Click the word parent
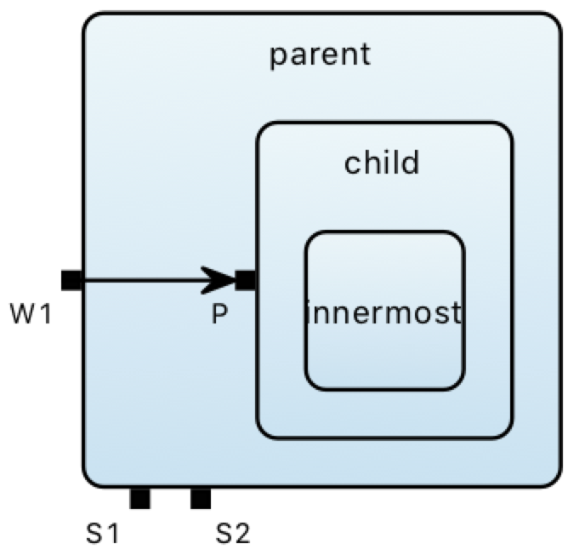click(x=320, y=55)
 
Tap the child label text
click(x=382, y=162)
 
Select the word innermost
click(x=383, y=312)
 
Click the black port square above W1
click(x=71, y=279)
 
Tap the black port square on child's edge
click(x=245, y=279)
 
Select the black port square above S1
click(x=139, y=498)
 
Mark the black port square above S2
click(x=200, y=498)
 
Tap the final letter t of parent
click(x=366, y=55)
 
